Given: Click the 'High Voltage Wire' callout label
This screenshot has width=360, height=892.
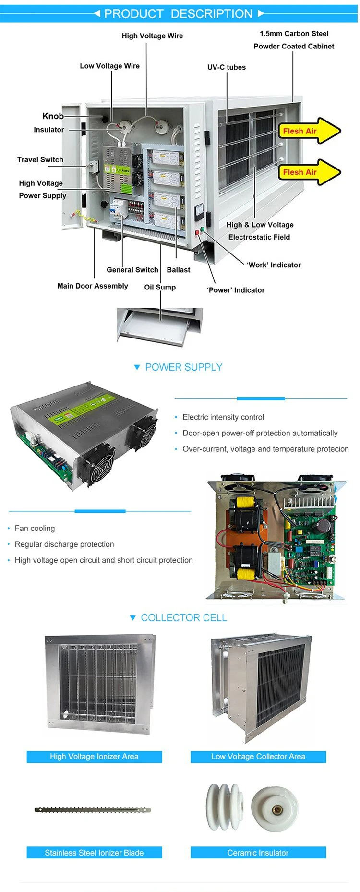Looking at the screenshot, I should point(152,36).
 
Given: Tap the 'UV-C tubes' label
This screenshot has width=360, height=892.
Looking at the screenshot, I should point(226,67).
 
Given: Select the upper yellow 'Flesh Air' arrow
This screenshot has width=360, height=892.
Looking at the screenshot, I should point(307,131).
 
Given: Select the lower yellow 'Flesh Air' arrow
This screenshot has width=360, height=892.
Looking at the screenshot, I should point(307,172).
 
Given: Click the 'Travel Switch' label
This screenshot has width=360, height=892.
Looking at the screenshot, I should point(40,160).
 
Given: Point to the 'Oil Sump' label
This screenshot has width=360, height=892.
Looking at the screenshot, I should point(160,287).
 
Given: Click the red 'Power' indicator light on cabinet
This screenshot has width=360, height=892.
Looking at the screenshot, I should point(197,233).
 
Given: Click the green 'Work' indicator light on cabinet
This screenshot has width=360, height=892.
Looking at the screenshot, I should point(202,229).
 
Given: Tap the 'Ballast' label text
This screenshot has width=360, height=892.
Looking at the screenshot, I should point(178,270).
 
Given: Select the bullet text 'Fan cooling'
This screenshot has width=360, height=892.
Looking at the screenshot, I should point(35,528).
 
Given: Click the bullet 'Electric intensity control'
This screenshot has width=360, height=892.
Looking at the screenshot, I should point(223,417).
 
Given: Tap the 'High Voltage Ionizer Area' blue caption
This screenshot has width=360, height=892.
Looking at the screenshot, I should point(94,757).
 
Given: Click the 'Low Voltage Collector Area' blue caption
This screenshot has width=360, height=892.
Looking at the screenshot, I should point(258,757).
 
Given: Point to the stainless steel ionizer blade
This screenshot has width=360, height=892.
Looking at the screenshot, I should point(93,810).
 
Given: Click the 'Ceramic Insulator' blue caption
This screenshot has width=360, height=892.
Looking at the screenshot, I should point(258,853).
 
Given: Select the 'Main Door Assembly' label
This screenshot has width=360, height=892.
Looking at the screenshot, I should point(93,286).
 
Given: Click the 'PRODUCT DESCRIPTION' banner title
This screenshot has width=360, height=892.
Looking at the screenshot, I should point(178,14).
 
